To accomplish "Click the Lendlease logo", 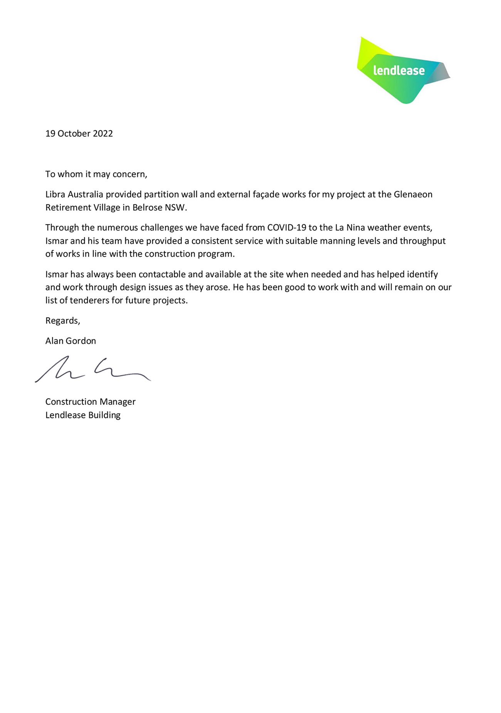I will point(403,71).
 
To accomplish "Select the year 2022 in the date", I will point(103,134).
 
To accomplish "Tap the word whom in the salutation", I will point(71,174).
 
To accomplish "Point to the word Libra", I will point(55,194).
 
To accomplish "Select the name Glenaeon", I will point(413,194).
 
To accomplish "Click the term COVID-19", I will point(286,228).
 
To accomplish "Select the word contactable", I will point(162,274).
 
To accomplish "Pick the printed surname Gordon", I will point(81,341).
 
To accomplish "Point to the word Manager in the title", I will point(118,402).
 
